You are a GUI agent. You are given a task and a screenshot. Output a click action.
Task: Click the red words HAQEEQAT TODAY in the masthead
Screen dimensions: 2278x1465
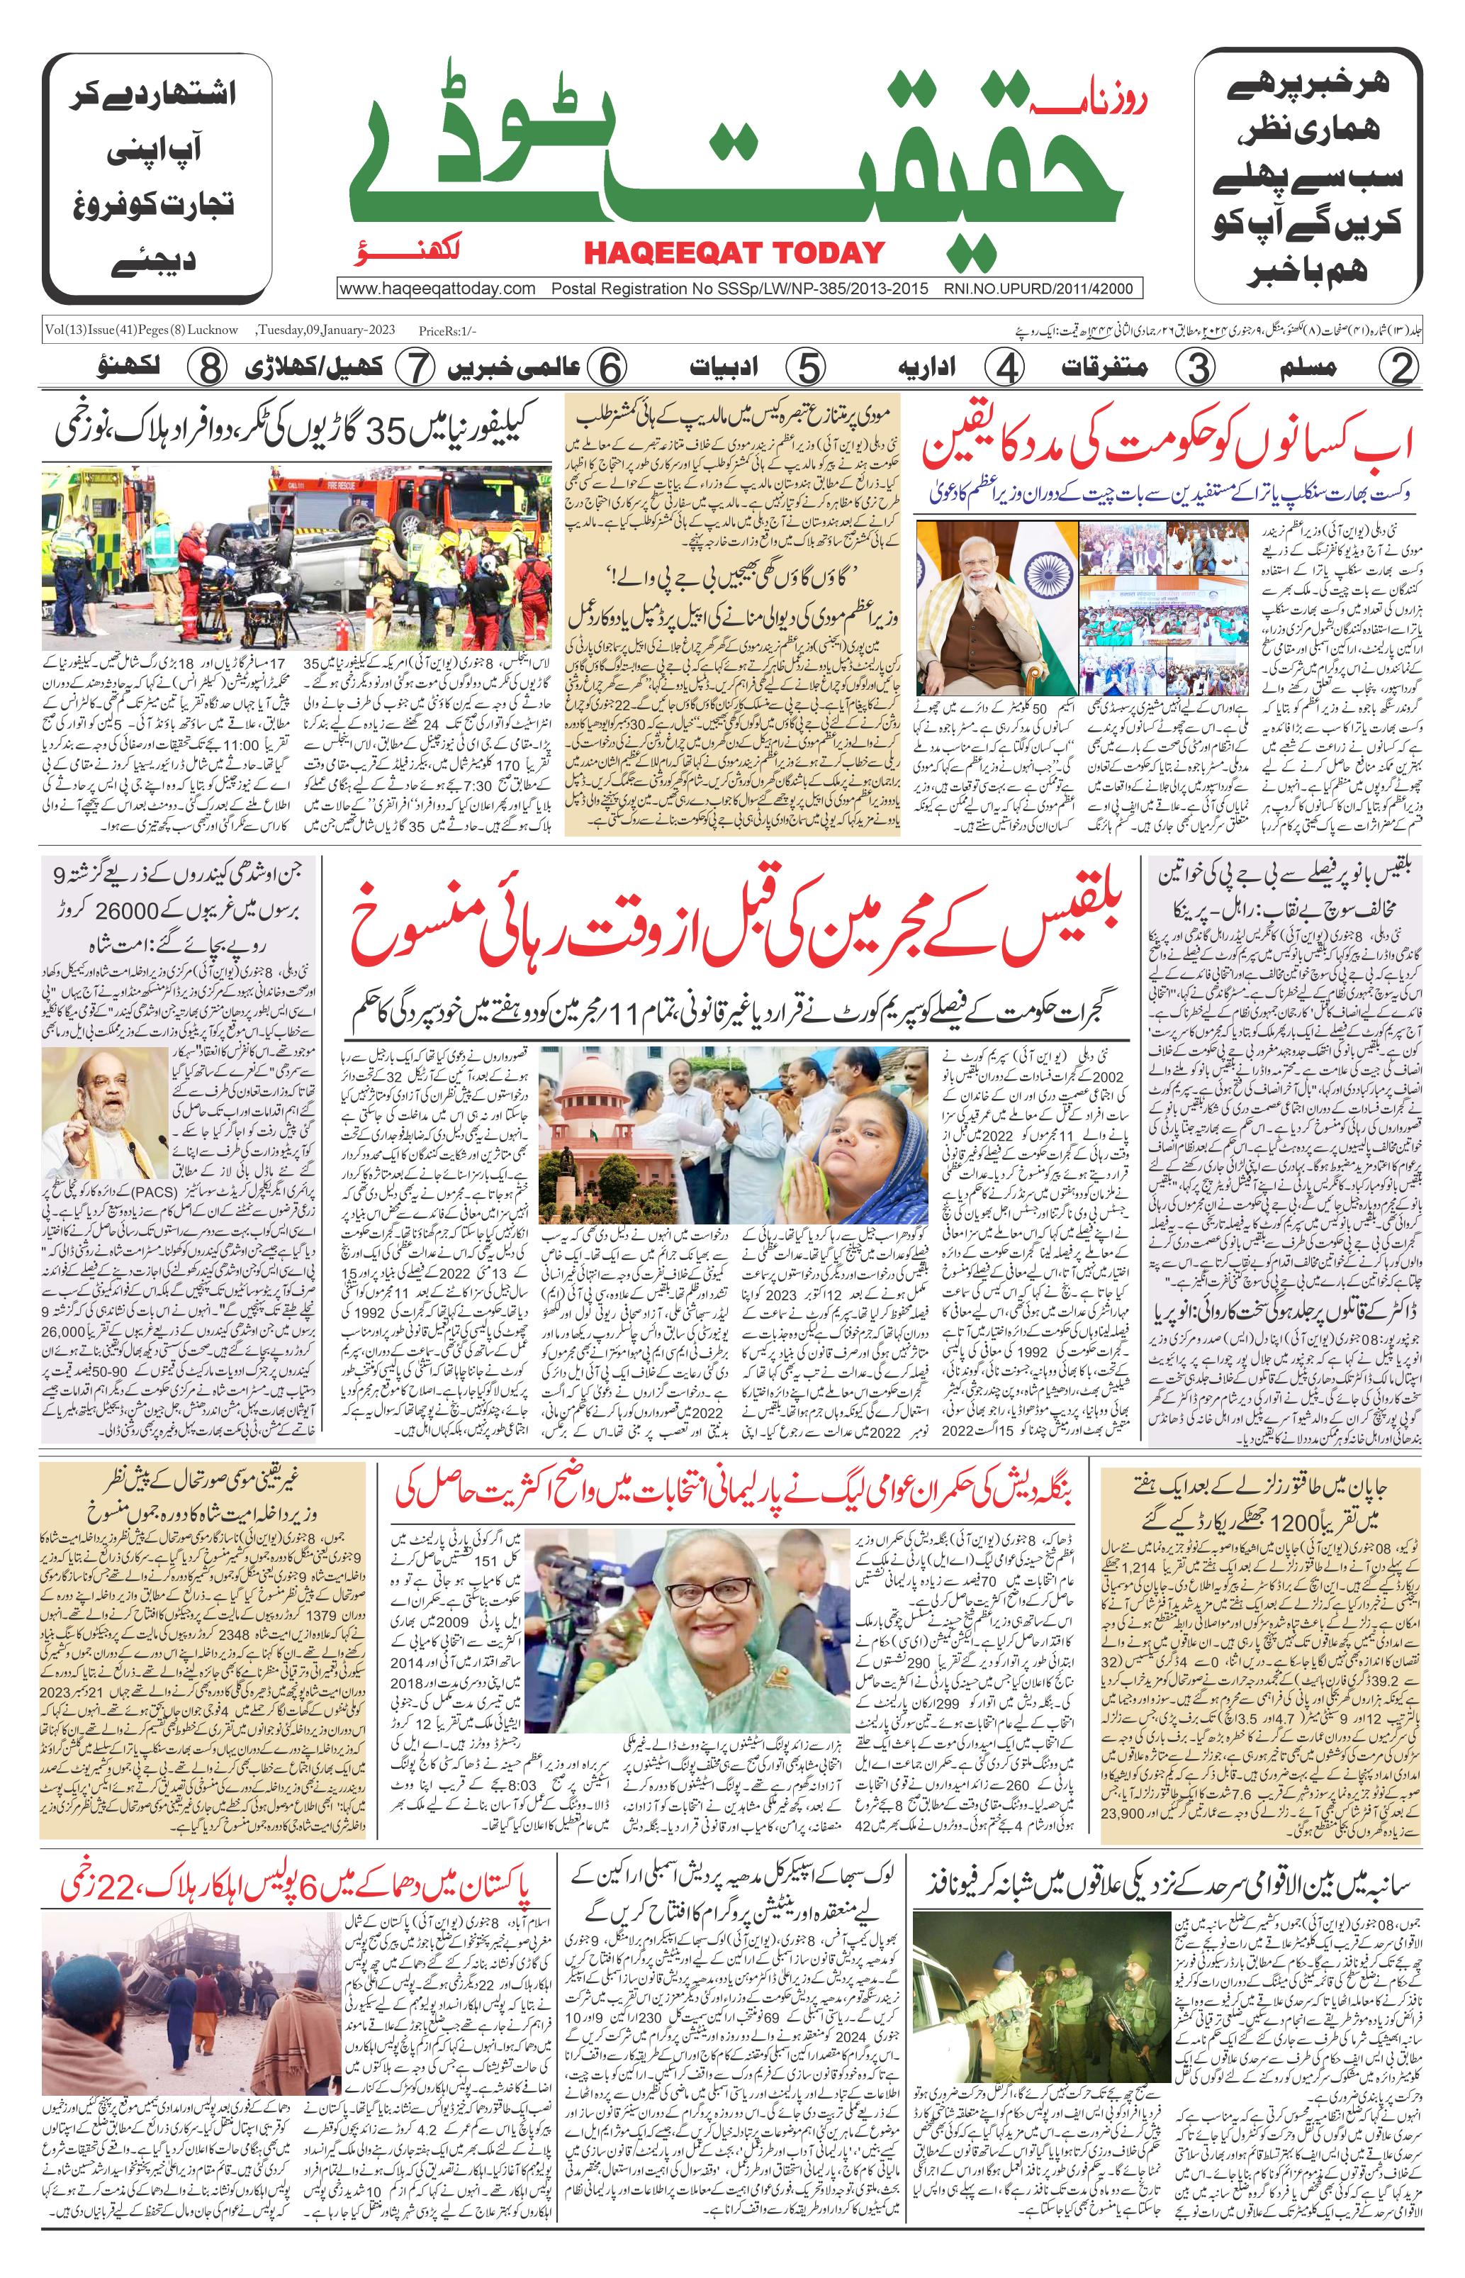tap(734, 252)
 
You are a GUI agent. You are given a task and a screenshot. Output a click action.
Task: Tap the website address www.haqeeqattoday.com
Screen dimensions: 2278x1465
tap(437, 289)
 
